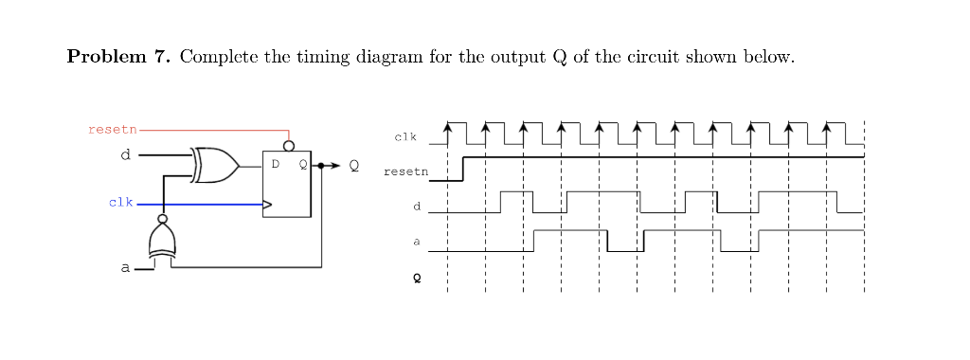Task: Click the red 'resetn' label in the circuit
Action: point(113,129)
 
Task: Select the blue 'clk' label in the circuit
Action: point(120,203)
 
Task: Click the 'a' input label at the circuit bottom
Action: point(124,268)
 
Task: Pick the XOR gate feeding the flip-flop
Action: point(214,165)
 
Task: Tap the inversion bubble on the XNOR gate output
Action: point(163,219)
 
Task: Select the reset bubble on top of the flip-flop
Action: point(289,145)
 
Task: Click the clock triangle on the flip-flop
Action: point(267,204)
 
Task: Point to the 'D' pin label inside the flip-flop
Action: point(276,165)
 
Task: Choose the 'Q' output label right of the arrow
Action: point(354,166)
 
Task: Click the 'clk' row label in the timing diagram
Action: point(405,138)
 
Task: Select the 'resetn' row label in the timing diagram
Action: point(405,172)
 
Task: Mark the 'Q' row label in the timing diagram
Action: point(415,279)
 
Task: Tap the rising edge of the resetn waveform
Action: point(462,169)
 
